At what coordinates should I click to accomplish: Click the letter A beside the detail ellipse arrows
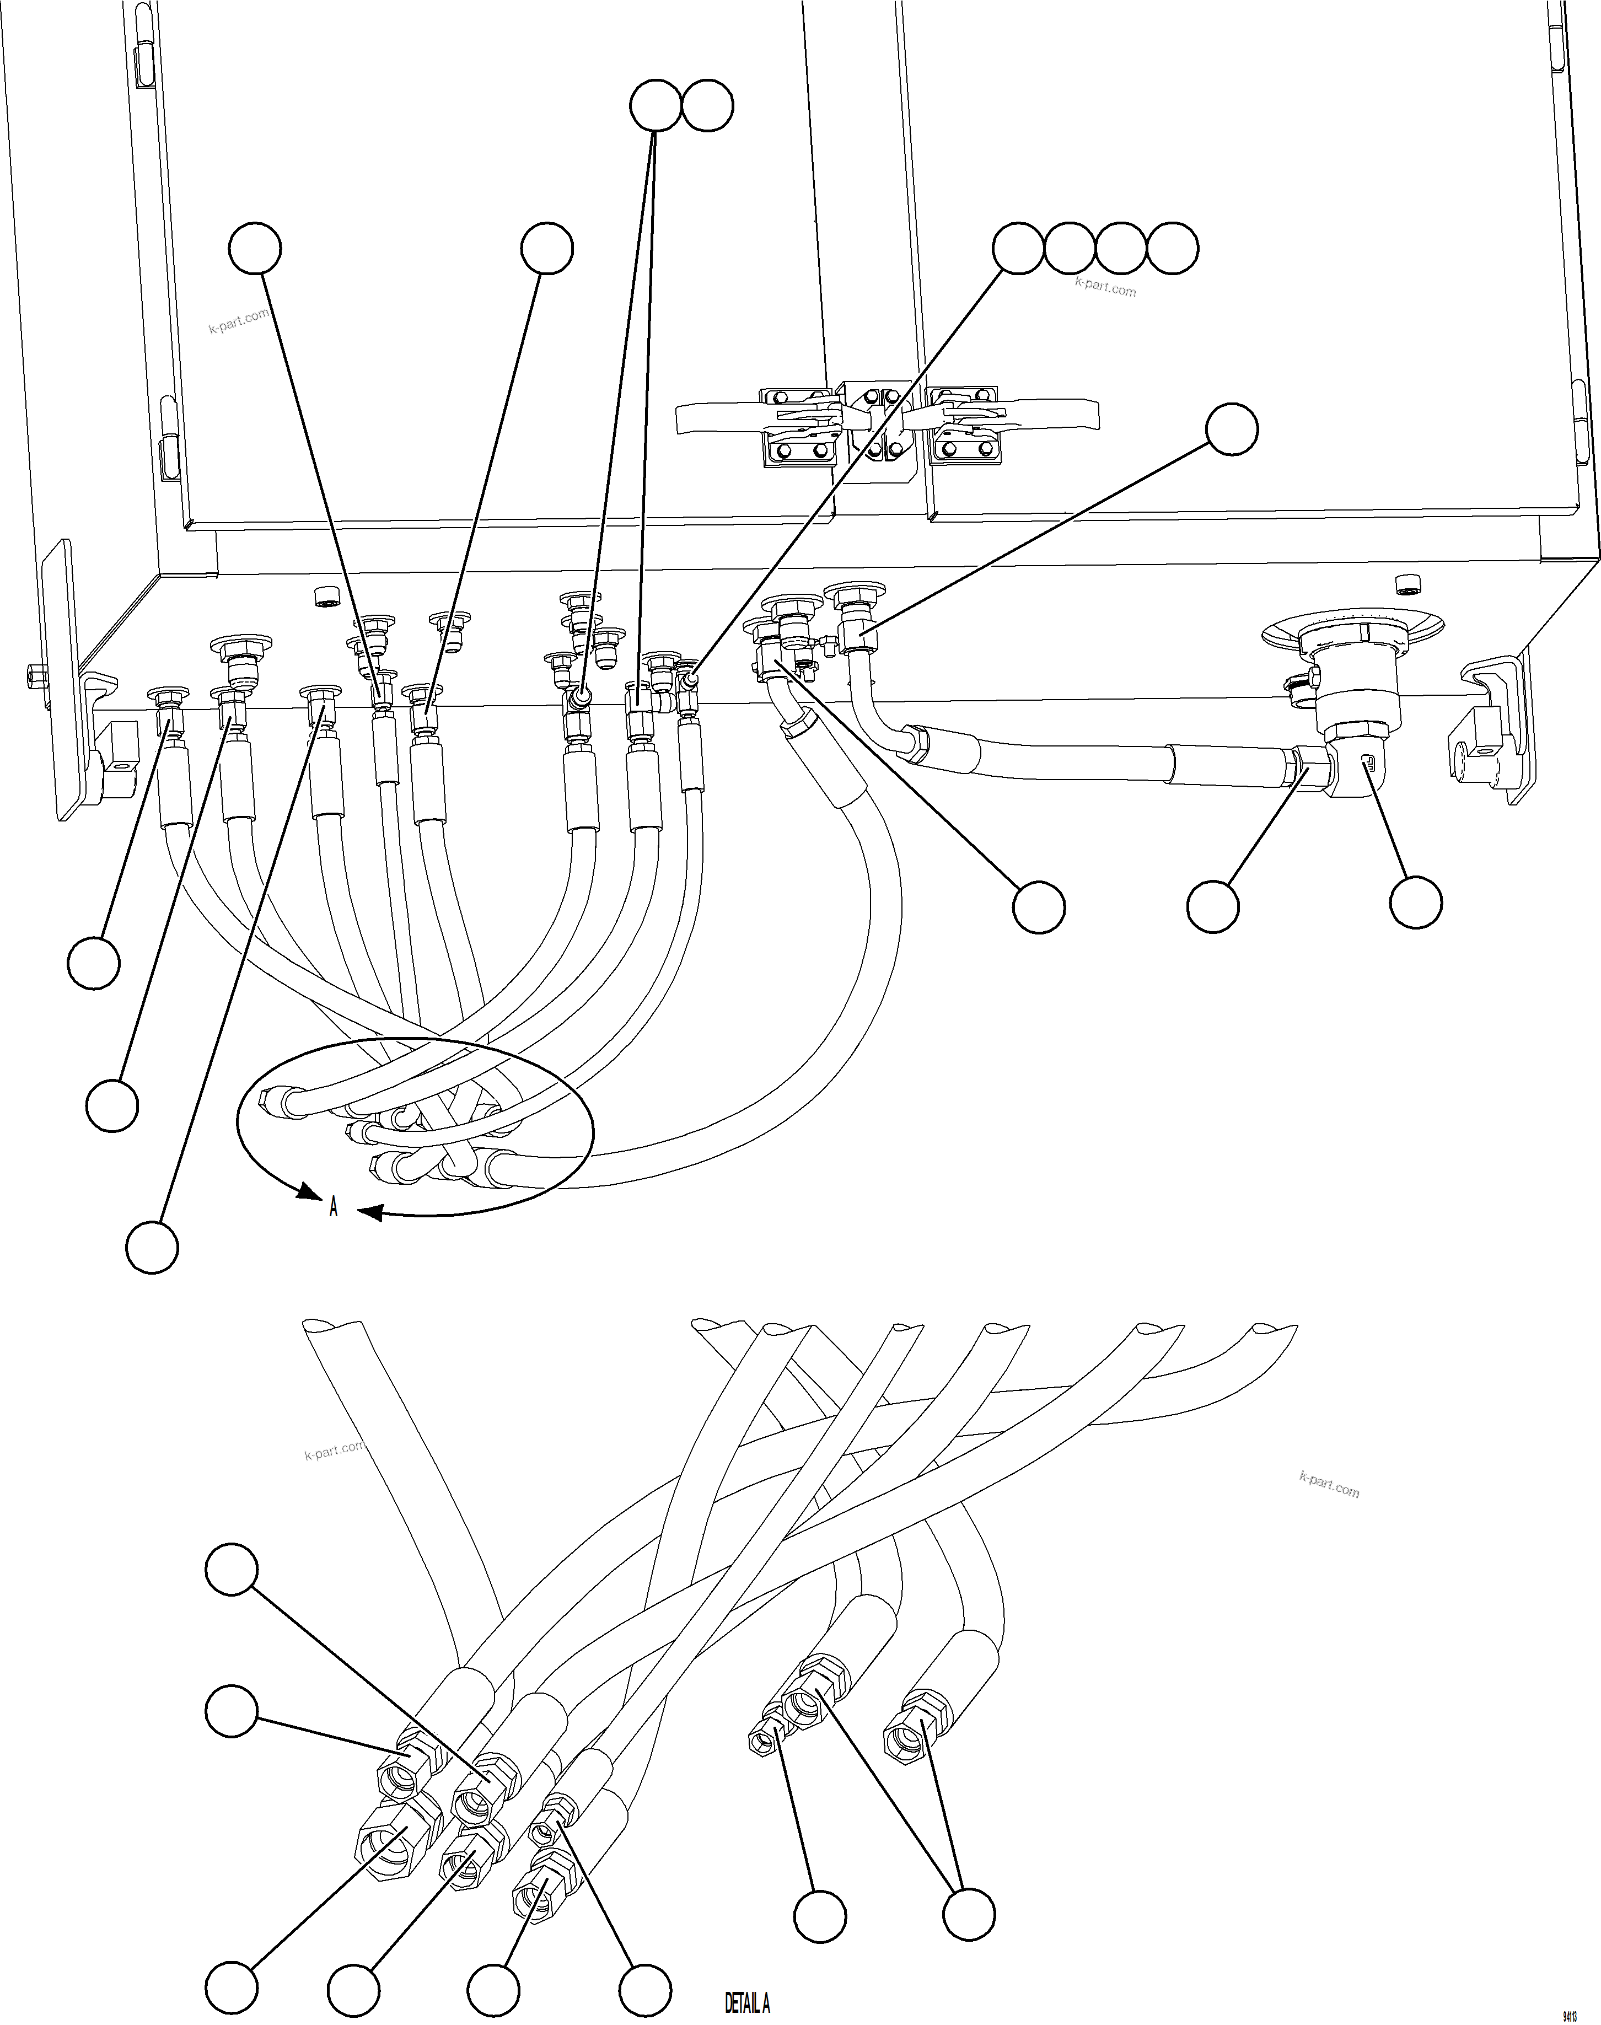click(x=333, y=1207)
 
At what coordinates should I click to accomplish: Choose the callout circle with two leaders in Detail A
click(x=968, y=1914)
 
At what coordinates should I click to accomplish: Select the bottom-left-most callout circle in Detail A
click(x=232, y=1986)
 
